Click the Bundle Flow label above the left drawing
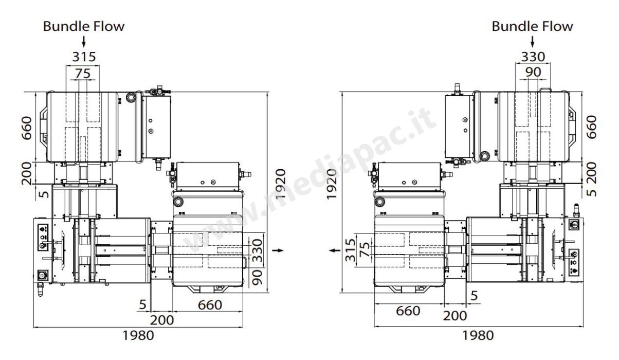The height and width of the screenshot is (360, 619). click(x=84, y=27)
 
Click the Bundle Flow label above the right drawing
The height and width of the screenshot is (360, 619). click(x=532, y=27)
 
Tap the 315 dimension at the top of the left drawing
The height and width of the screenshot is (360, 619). click(x=84, y=57)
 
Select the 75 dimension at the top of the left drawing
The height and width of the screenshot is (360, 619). click(x=83, y=74)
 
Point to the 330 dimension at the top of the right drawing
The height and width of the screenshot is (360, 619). click(x=533, y=57)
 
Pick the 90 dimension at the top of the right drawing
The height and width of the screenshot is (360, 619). click(x=533, y=72)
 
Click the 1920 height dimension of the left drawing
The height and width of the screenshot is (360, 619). click(x=281, y=184)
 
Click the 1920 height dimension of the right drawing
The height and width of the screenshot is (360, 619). click(x=332, y=184)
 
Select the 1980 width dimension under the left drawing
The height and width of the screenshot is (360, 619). click(x=138, y=336)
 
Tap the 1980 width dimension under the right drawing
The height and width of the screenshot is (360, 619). click(x=478, y=335)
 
